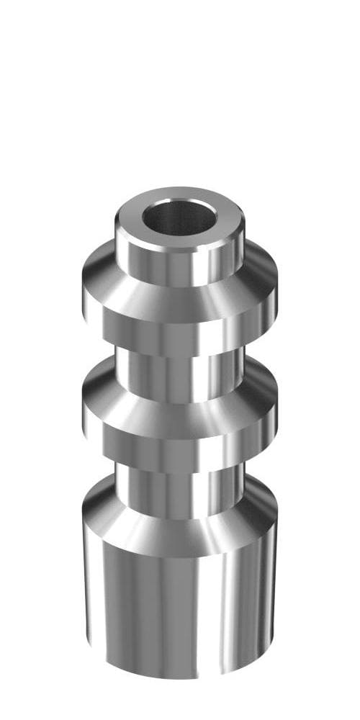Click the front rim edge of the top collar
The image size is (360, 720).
(x=180, y=248)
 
